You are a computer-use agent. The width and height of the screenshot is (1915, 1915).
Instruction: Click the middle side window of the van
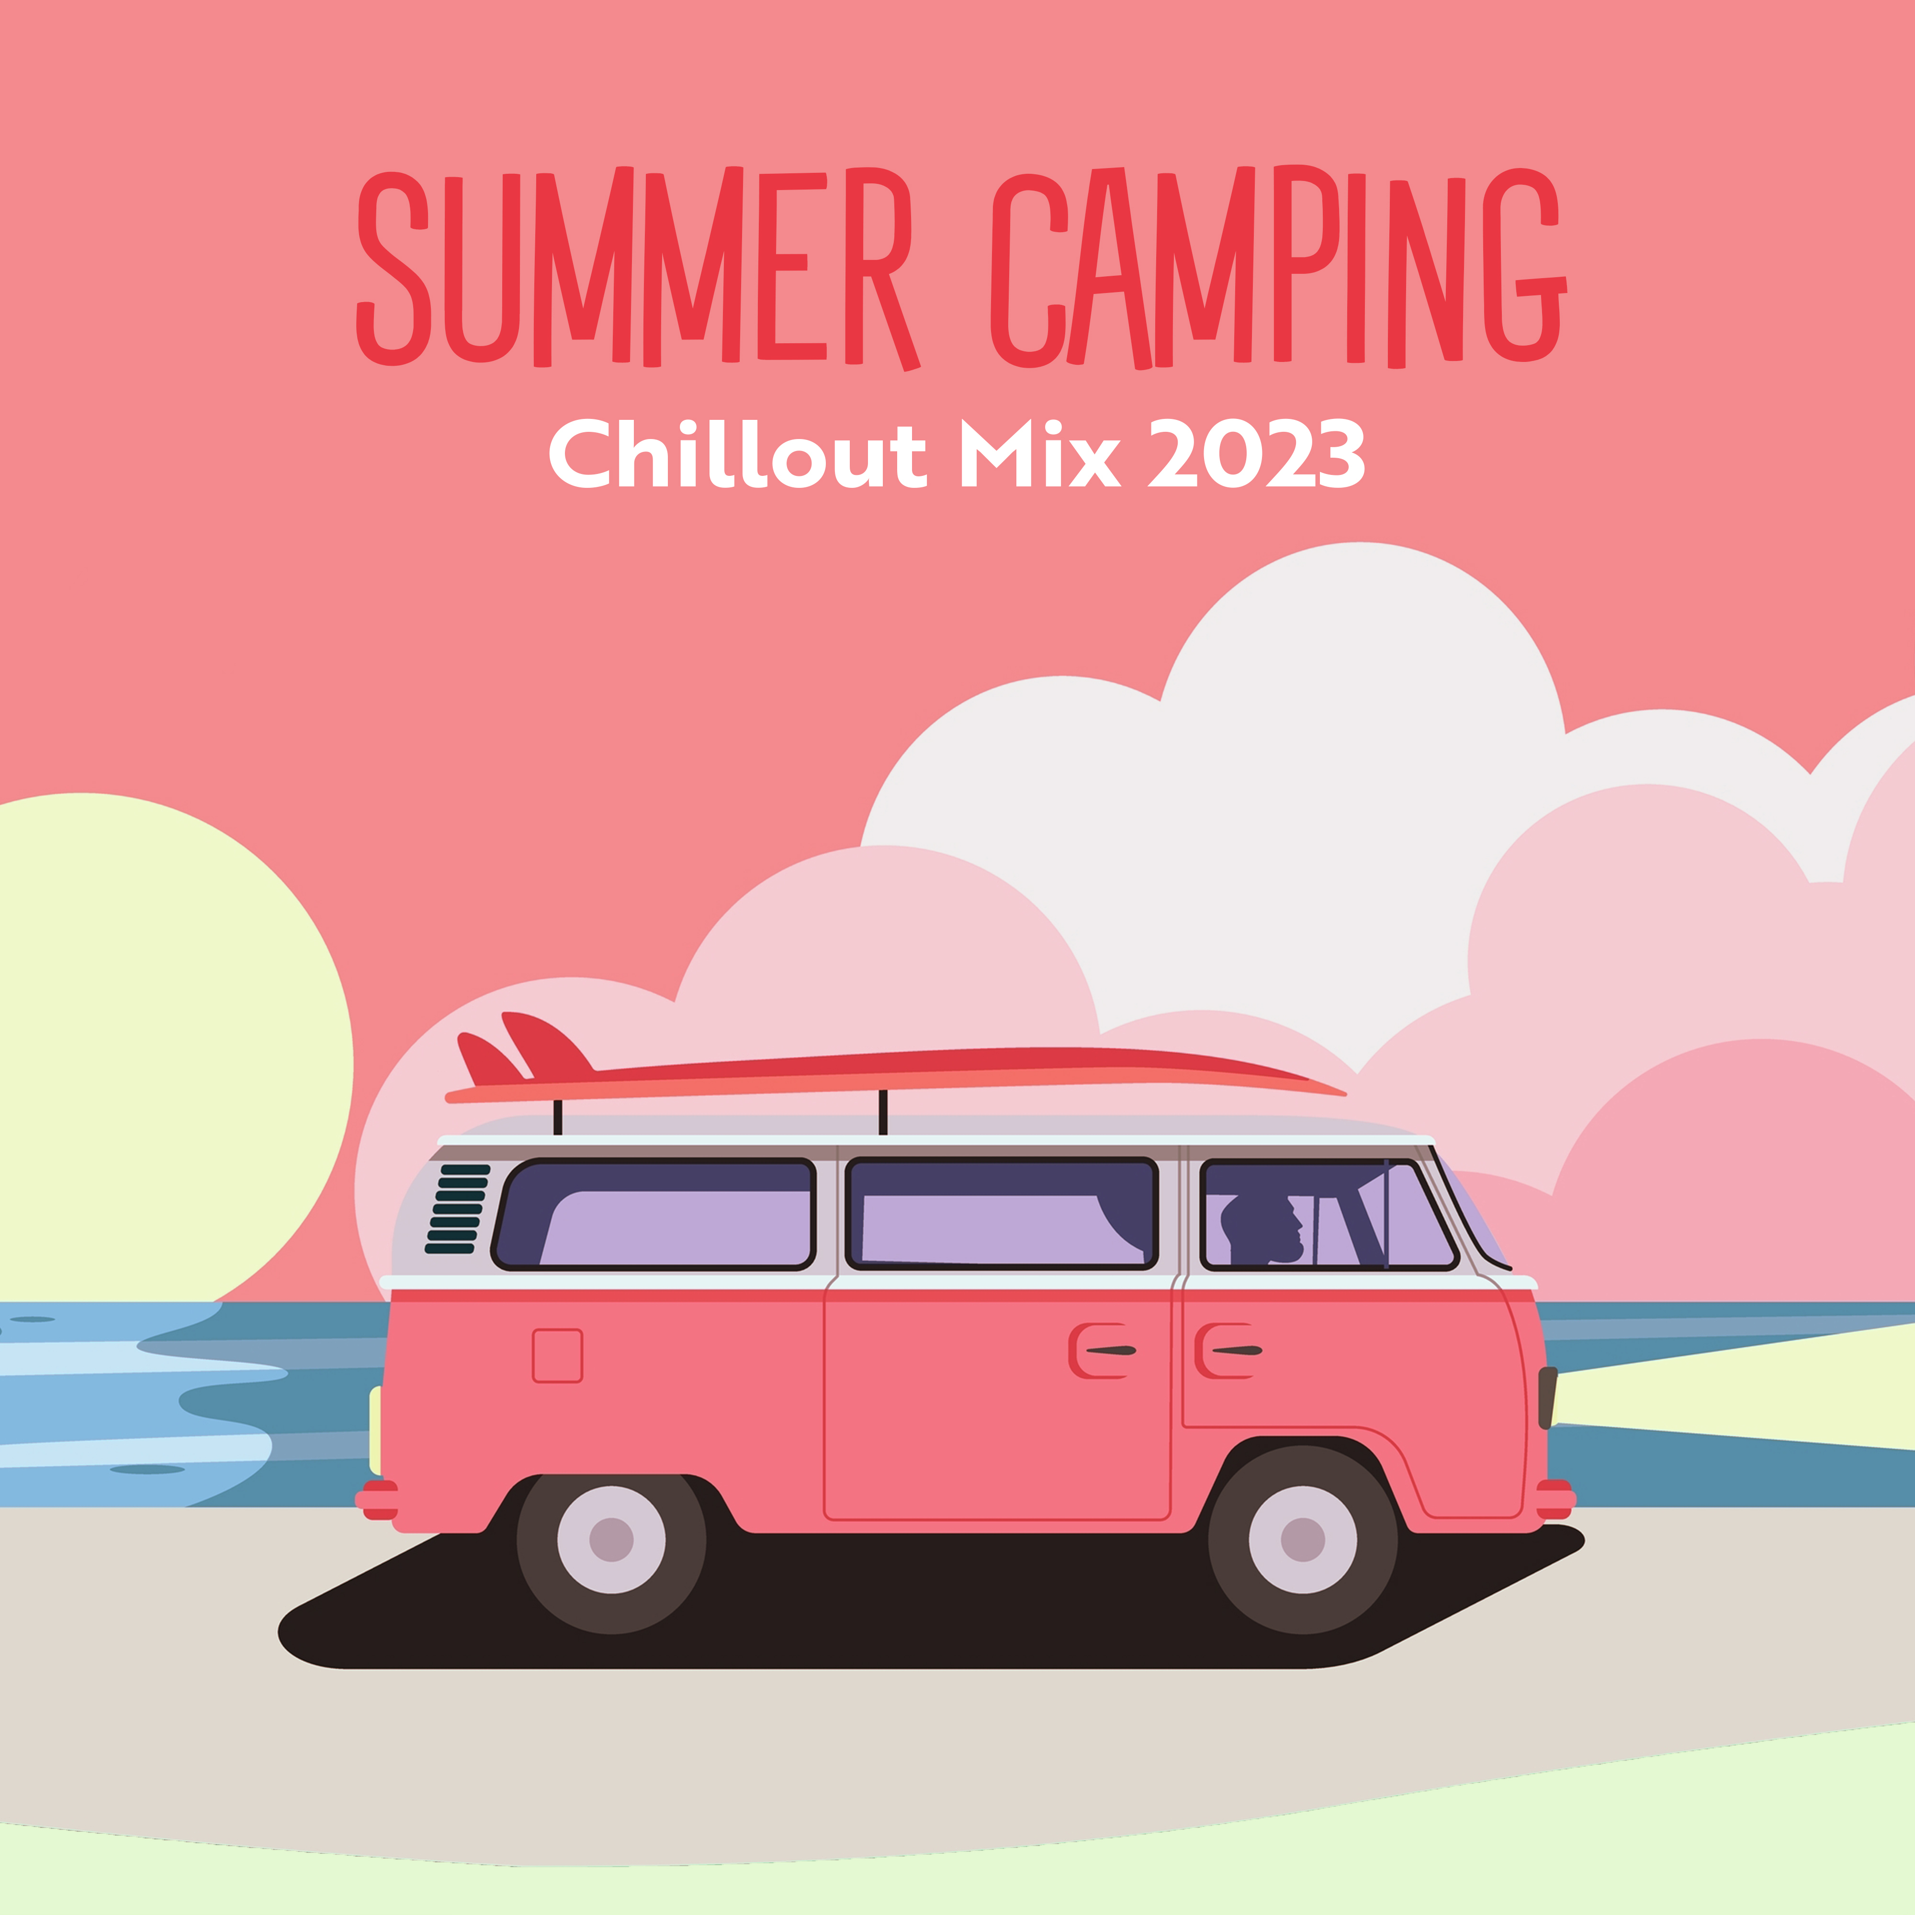[x=1001, y=1214]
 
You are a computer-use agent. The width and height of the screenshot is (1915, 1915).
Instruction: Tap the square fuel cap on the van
[x=557, y=1355]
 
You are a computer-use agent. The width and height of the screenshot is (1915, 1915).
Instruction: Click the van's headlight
[x=1547, y=1397]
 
